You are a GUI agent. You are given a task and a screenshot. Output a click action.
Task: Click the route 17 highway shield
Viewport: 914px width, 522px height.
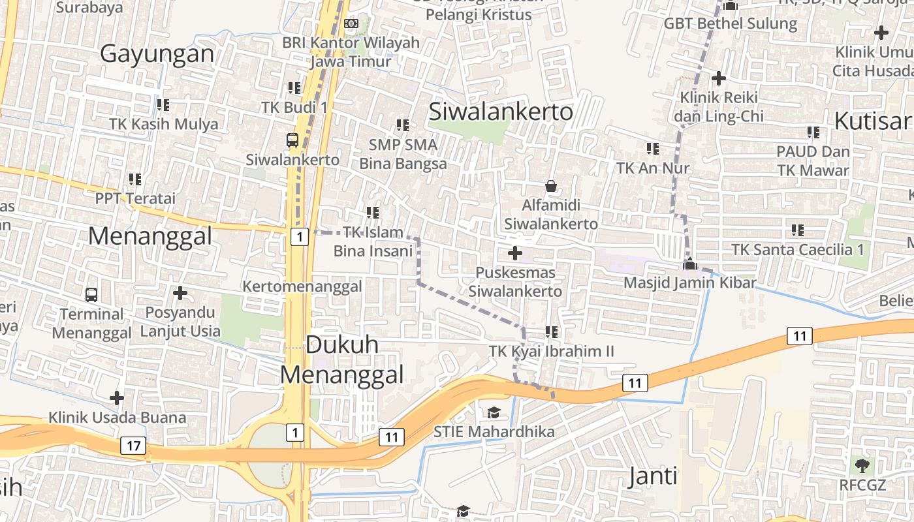click(133, 446)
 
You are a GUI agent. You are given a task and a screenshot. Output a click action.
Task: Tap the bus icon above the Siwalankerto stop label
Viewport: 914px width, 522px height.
click(292, 140)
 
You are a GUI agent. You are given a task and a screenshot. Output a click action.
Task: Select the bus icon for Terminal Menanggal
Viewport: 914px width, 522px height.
click(91, 294)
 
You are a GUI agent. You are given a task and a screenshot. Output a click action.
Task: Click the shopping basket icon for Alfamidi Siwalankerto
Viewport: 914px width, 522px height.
click(551, 187)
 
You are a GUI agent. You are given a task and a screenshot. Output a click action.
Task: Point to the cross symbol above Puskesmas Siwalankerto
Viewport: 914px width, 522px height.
click(515, 253)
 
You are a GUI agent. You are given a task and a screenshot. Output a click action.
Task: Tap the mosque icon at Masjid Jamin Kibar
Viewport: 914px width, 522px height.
click(689, 264)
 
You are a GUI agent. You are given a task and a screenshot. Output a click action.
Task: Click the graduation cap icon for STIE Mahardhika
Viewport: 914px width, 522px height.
click(494, 412)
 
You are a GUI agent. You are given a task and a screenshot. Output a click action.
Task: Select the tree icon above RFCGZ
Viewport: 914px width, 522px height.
click(862, 465)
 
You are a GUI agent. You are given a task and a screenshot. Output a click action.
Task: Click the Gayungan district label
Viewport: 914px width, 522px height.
click(157, 54)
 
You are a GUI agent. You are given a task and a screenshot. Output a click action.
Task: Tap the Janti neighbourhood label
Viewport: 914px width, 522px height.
click(653, 476)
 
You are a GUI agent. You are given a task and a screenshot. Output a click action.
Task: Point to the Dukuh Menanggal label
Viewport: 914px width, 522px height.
click(342, 360)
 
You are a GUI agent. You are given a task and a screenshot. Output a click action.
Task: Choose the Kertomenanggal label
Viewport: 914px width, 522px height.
click(302, 286)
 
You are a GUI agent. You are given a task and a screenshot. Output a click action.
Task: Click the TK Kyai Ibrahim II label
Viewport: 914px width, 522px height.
click(552, 352)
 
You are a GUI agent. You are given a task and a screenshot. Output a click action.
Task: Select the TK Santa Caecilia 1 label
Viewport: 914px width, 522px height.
click(797, 249)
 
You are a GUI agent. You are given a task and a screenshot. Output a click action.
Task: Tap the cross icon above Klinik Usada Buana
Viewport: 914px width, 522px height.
click(117, 397)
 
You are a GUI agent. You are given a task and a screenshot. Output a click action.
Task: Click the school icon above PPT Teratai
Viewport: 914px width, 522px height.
click(135, 179)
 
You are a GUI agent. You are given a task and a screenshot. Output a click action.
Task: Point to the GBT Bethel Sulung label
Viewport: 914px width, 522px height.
click(731, 23)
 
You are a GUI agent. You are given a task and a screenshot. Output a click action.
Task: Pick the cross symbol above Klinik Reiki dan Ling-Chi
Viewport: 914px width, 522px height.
click(719, 78)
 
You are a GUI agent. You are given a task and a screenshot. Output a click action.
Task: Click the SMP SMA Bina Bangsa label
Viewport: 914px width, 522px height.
click(403, 153)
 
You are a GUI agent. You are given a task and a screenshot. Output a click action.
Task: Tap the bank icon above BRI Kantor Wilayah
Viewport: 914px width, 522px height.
click(351, 23)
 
